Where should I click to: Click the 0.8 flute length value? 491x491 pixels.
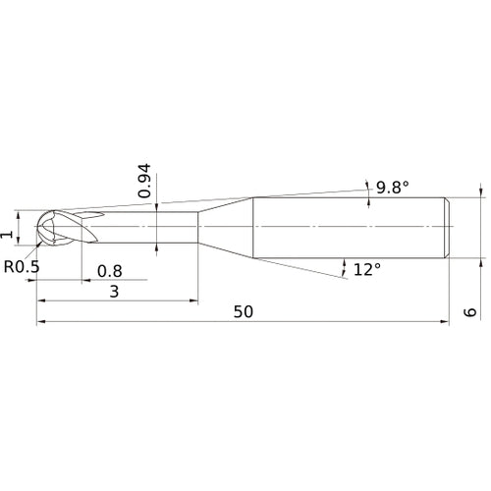pyautogui.click(x=109, y=270)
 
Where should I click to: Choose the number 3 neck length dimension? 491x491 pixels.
pyautogui.click(x=115, y=292)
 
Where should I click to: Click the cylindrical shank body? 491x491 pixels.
pyautogui.click(x=349, y=229)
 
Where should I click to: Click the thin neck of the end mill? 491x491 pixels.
pyautogui.click(x=147, y=229)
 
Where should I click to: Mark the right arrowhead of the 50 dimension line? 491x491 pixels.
pyautogui.click(x=447, y=321)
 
